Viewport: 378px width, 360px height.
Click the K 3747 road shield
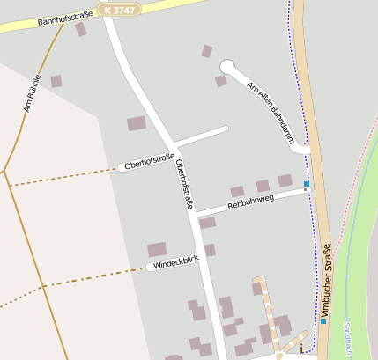pos(119,8)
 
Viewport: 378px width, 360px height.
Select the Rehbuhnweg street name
pos(250,202)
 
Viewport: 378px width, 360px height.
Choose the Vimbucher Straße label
pos(325,279)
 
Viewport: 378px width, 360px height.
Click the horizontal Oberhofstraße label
pos(149,162)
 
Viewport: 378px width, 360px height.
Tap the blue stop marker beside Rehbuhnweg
pos(307,184)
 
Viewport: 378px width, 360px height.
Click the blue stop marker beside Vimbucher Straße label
pos(322,320)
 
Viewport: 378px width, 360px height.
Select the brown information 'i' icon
pos(300,349)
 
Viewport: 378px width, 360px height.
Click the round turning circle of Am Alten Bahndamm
pos(227,66)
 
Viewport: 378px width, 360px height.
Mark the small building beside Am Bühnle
pos(56,81)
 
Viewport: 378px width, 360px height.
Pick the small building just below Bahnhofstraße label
pos(81,30)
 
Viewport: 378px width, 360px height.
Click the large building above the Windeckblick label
pos(157,249)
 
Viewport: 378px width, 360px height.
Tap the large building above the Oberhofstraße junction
pos(137,123)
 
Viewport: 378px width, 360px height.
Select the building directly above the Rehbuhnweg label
pos(263,186)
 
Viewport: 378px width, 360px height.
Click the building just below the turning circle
pos(220,81)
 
